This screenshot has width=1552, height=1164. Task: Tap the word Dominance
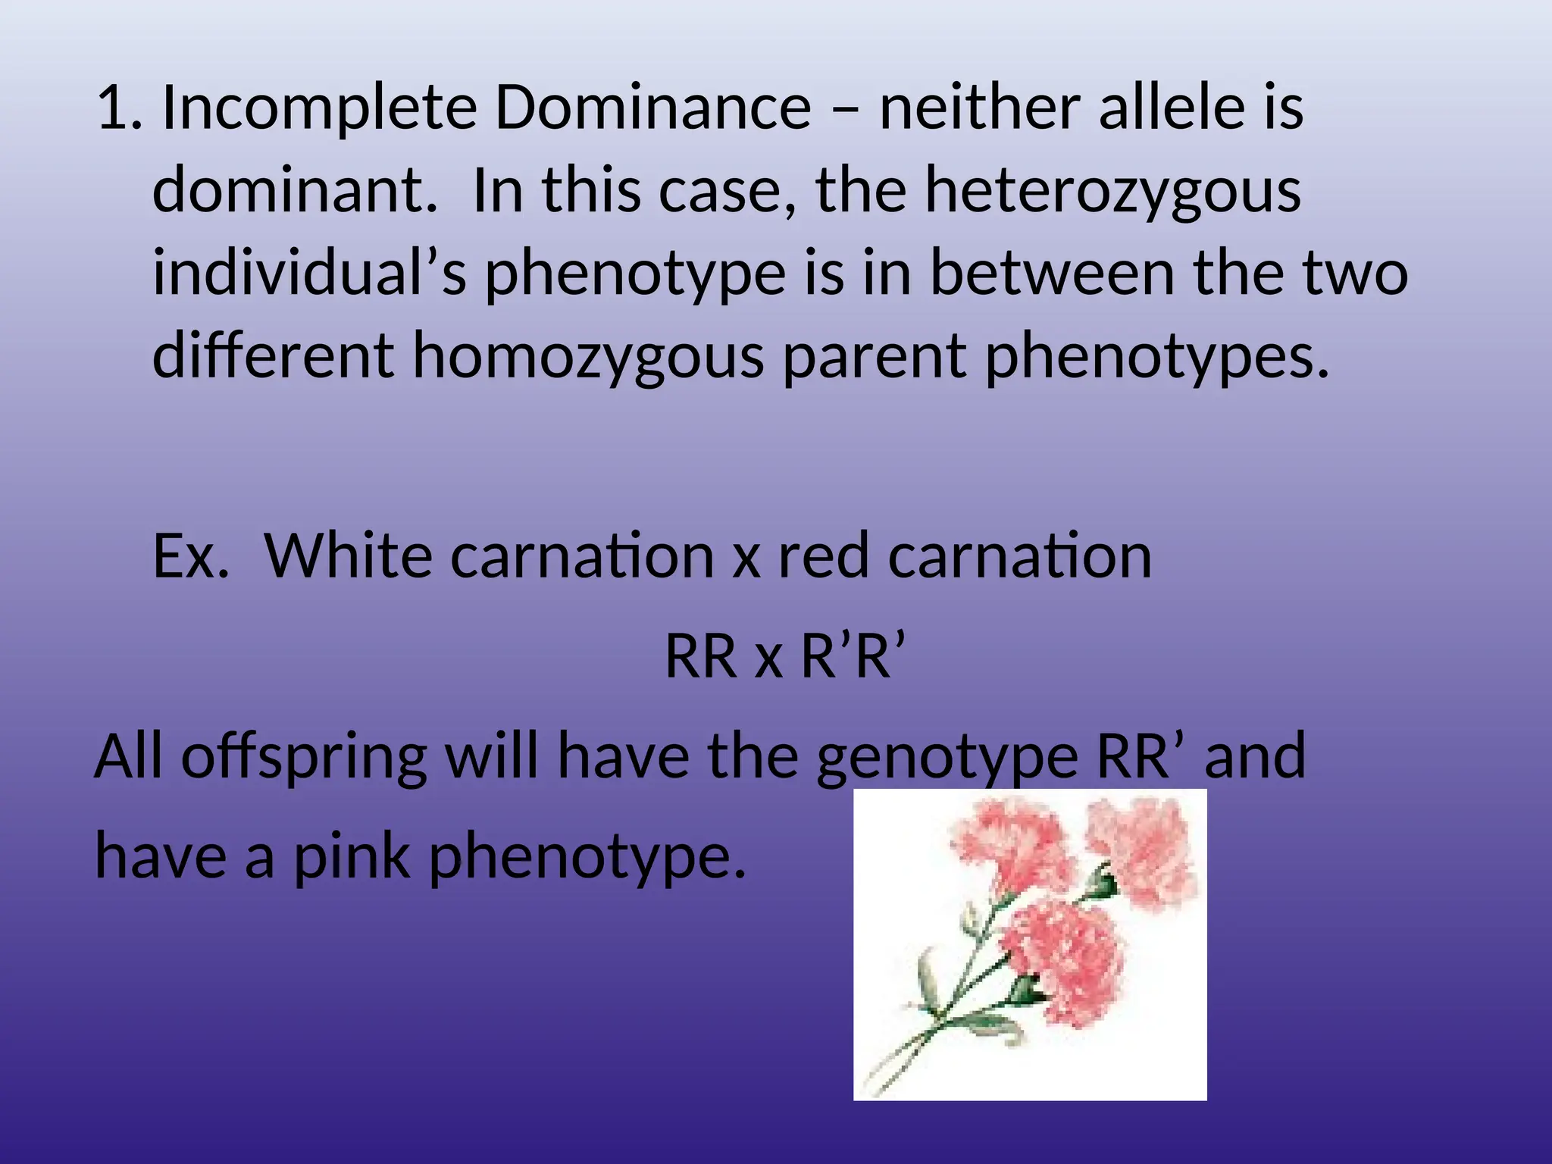tap(652, 108)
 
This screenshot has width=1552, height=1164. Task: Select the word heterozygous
tap(1112, 192)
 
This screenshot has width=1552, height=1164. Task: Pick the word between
tap(1052, 273)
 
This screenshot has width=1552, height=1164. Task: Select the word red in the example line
tap(823, 555)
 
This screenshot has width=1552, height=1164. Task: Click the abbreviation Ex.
tap(190, 555)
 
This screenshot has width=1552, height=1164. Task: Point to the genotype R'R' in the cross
tap(853, 656)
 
